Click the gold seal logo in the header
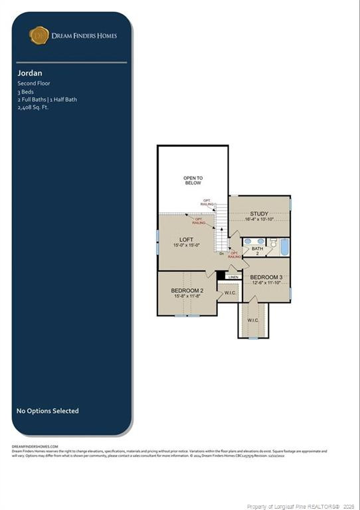(x=39, y=35)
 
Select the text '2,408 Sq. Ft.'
(x=33, y=106)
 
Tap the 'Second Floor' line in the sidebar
(x=34, y=84)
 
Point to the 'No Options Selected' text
(x=47, y=411)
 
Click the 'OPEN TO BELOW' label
(x=193, y=181)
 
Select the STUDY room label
(x=260, y=214)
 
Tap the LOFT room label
(x=187, y=239)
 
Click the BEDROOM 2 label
(x=187, y=291)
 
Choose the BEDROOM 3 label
(x=266, y=277)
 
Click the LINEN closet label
(x=233, y=277)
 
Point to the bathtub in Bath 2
(x=284, y=248)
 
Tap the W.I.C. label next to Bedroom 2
(x=230, y=293)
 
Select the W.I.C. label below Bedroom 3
(x=253, y=320)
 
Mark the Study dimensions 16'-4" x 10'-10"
(x=260, y=219)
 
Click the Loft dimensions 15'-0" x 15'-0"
(x=187, y=245)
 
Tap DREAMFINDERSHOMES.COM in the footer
(x=35, y=446)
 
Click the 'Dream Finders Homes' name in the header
(x=84, y=36)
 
